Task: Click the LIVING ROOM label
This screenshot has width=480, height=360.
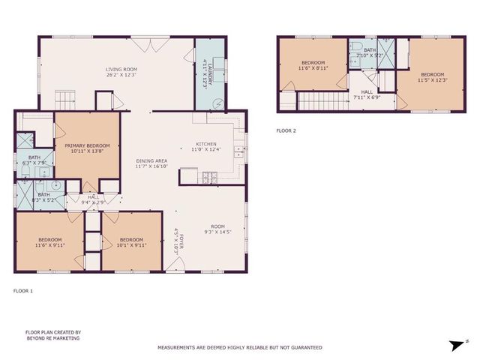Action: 120,71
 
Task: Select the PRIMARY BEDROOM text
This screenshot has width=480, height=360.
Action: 87,148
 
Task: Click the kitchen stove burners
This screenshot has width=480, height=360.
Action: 210,178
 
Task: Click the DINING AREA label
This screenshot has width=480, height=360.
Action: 151,163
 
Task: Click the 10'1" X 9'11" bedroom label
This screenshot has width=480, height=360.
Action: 131,242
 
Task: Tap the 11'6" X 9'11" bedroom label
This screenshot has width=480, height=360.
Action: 50,242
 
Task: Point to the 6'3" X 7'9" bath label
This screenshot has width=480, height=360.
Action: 34,160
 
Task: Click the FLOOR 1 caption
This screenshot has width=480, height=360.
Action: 24,289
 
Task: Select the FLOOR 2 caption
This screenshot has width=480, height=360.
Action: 286,130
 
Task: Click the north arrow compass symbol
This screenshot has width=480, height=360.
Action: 454,346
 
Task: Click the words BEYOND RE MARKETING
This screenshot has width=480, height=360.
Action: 53,338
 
